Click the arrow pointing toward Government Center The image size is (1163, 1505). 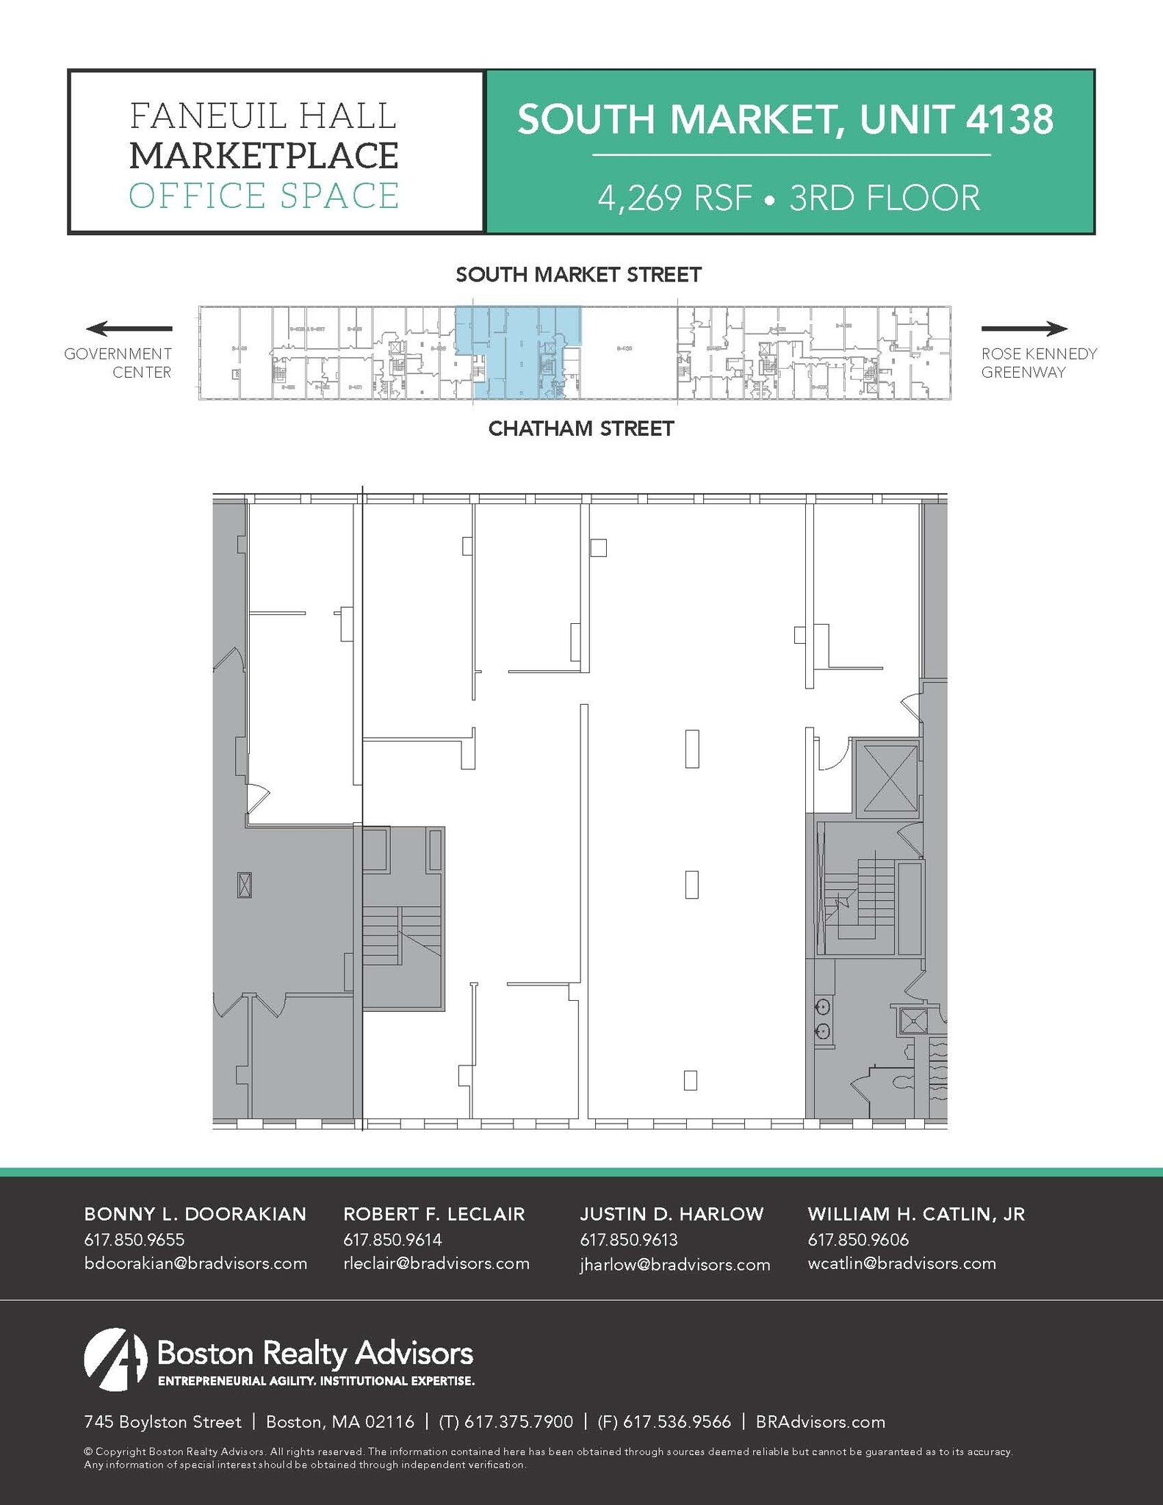tap(129, 328)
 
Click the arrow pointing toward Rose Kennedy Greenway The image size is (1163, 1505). tap(1024, 328)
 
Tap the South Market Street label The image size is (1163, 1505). tap(578, 275)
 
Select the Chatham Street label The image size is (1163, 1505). tap(581, 428)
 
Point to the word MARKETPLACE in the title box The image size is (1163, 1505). tap(264, 156)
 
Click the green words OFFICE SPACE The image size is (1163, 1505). tap(264, 195)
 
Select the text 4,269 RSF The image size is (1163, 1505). tap(674, 198)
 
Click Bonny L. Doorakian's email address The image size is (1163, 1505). tap(195, 1263)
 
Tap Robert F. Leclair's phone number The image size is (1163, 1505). tap(392, 1240)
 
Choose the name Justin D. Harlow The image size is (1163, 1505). tap(671, 1214)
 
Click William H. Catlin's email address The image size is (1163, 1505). tap(901, 1263)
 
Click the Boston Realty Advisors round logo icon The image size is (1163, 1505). tap(116, 1359)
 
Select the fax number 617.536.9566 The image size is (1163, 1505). tap(677, 1422)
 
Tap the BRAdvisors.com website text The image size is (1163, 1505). tap(821, 1422)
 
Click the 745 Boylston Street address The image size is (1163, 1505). tap(162, 1422)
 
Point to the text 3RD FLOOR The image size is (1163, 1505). tap(885, 198)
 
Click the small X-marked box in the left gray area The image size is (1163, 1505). tap(245, 885)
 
